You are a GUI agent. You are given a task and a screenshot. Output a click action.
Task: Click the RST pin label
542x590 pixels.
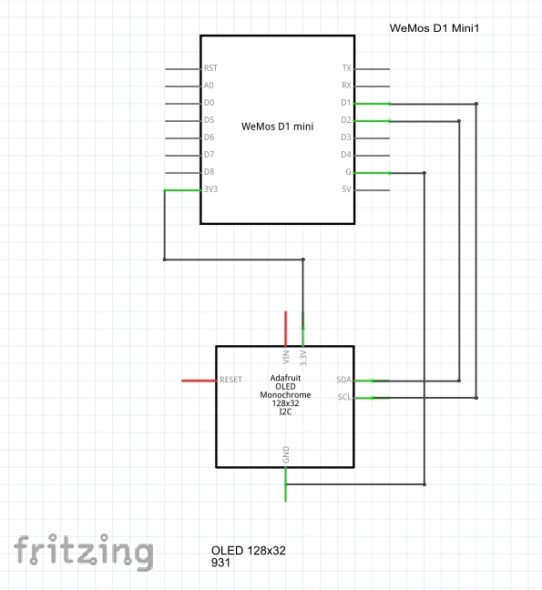(x=210, y=68)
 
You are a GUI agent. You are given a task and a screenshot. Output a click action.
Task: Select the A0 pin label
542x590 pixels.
(x=209, y=86)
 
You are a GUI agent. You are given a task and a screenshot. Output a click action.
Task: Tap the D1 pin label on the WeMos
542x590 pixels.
(x=346, y=103)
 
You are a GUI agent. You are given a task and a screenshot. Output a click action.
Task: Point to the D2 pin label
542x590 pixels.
(x=346, y=120)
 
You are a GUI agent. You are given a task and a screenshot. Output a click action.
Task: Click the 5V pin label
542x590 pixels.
(x=346, y=189)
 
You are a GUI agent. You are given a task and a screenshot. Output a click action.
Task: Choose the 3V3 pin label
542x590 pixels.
(x=210, y=188)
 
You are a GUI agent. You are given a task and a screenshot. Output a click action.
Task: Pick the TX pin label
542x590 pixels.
(x=347, y=68)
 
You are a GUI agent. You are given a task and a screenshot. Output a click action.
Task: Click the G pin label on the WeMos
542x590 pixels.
(x=348, y=172)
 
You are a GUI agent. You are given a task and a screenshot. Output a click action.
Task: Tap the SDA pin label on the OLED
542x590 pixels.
(x=343, y=380)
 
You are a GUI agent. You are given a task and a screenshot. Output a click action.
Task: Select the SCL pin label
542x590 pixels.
(x=344, y=397)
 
